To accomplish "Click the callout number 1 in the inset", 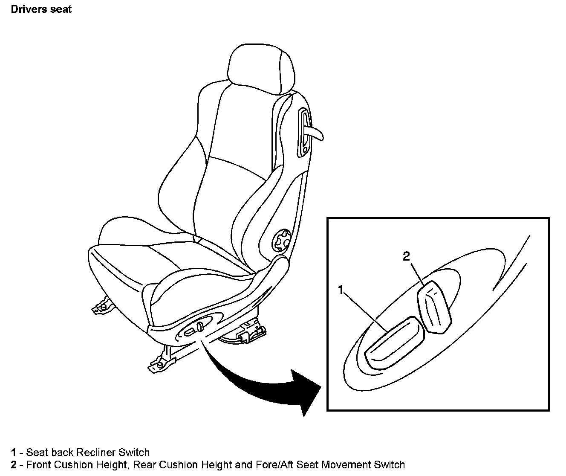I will pos(341,290).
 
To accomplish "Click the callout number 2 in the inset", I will pos(406,256).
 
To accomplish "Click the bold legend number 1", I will pos(14,452).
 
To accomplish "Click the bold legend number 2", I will pos(14,464).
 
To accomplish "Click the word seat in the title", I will pos(62,9).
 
